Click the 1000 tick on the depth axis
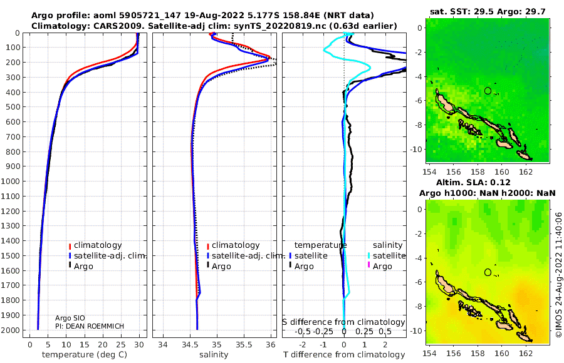(13, 181)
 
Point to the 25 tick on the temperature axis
(121, 345)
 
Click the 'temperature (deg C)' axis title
(85, 355)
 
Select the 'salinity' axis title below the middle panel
(214, 355)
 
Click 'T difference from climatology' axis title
(344, 355)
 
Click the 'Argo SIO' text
(70, 318)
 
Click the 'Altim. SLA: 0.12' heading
(473, 182)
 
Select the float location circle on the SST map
(488, 91)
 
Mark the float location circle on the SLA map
(488, 272)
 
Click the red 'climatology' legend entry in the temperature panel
(95, 245)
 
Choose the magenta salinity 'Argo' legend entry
(380, 267)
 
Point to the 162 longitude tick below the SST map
(526, 171)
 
